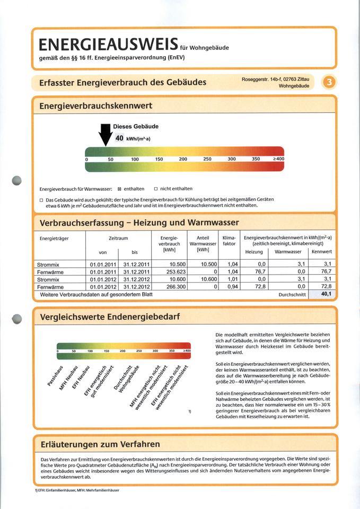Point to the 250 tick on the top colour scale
[x=207, y=159]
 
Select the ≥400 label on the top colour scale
[x=278, y=159]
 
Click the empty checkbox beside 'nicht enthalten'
[x=156, y=189]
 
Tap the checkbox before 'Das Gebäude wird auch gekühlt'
[x=41, y=199]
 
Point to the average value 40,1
[x=326, y=294]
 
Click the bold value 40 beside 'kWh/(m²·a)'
[x=119, y=138]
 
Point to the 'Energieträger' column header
[x=54, y=239]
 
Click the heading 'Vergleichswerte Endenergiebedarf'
[x=110, y=317]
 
